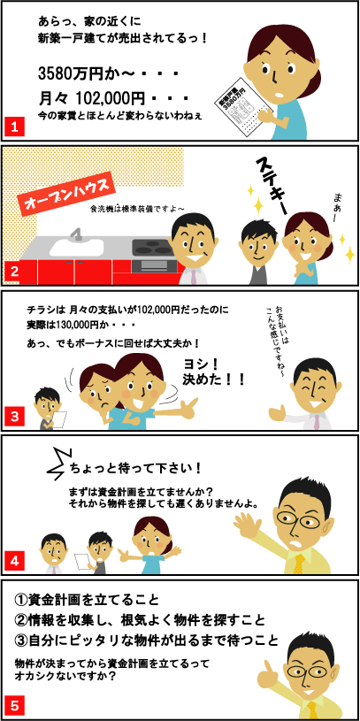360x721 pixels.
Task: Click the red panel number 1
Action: (x=14, y=126)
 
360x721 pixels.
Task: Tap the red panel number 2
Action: (x=14, y=271)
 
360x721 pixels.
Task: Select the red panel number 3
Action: (x=14, y=417)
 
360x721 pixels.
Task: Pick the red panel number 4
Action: (x=14, y=561)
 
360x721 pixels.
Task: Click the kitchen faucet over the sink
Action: (x=76, y=234)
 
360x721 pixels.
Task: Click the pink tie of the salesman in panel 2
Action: (x=194, y=276)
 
